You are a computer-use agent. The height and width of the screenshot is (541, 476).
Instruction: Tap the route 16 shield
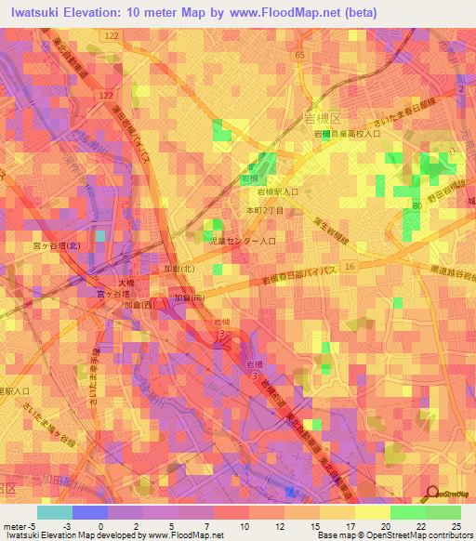[x=350, y=266]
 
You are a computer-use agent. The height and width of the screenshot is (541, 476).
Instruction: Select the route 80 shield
[x=416, y=205]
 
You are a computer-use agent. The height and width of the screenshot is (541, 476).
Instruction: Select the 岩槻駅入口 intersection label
[x=278, y=192]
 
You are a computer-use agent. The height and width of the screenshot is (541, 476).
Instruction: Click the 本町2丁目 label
[x=263, y=211]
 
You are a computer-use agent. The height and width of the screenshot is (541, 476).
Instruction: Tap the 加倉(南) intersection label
[x=190, y=299]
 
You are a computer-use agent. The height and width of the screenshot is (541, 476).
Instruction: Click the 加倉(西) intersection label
[x=136, y=304]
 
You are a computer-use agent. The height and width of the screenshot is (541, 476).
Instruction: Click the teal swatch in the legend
[x=55, y=512]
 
